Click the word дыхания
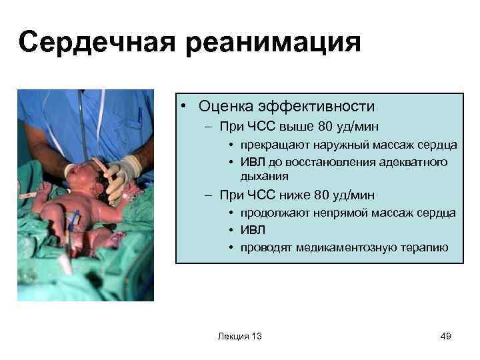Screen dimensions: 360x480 pos(265,176)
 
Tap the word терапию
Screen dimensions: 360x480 pos(425,248)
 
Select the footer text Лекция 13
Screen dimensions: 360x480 pos(239,337)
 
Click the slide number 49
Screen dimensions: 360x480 pos(446,337)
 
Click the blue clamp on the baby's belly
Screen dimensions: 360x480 pos(75,220)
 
